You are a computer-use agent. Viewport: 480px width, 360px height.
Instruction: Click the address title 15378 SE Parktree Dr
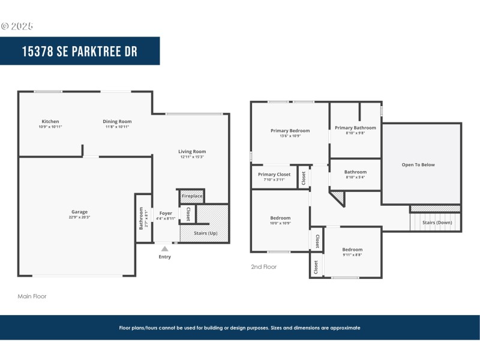(80, 52)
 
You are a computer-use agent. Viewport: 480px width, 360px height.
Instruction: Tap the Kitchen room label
(50, 122)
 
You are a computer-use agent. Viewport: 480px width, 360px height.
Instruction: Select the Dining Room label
(117, 122)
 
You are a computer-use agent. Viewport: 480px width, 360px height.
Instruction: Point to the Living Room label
(192, 152)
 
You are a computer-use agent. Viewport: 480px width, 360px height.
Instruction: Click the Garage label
(80, 212)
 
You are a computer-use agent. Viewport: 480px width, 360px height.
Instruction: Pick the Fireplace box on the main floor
(192, 196)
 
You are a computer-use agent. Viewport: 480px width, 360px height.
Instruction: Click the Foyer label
(166, 213)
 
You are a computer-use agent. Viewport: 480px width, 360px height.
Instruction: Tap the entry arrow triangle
(164, 248)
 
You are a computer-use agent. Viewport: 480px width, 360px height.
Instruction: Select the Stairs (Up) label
(204, 233)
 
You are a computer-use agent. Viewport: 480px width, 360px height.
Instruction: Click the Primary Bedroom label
(290, 131)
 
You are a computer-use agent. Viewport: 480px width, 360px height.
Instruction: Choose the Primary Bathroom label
(355, 128)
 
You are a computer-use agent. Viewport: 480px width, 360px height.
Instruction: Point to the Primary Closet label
(274, 175)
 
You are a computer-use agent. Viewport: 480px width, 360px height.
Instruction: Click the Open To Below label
(418, 165)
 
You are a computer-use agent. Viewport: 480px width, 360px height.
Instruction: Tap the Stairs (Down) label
(437, 223)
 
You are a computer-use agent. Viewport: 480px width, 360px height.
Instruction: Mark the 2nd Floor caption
(264, 267)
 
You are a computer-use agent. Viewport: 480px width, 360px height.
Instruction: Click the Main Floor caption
(32, 296)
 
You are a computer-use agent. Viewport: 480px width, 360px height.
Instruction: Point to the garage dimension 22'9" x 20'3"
(80, 217)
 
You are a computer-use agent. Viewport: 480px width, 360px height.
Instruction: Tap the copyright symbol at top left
(5, 26)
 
